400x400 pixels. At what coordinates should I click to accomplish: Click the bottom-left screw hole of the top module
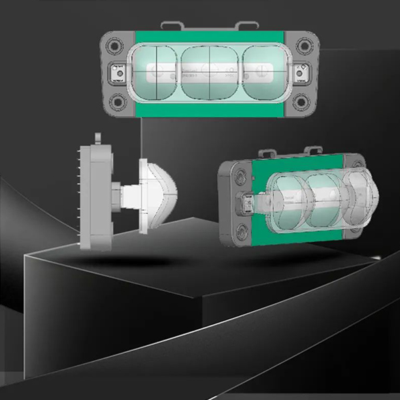[x=117, y=101]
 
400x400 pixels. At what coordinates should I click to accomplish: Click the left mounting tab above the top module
[x=171, y=27]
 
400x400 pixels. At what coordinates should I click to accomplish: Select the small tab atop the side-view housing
[x=98, y=138]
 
